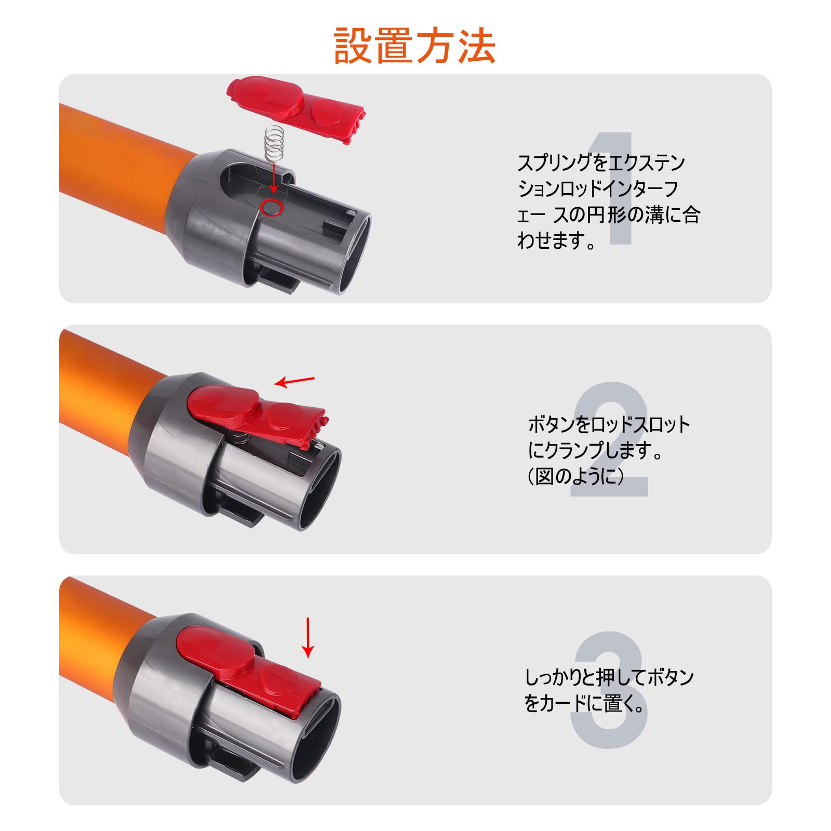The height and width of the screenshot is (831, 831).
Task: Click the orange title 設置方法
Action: (414, 46)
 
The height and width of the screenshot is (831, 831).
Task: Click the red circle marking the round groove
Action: (271, 207)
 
